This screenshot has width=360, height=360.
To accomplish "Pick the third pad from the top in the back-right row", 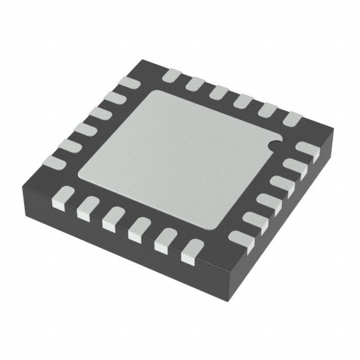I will tap(219, 92).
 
